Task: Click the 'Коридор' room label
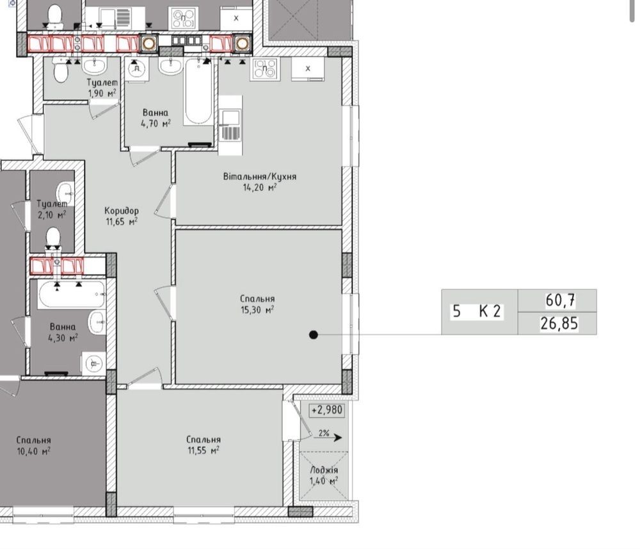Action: pyautogui.click(x=122, y=211)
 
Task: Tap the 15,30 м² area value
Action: pyautogui.click(x=257, y=310)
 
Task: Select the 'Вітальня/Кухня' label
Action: pyautogui.click(x=260, y=176)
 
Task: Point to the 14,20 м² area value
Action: pyautogui.click(x=260, y=188)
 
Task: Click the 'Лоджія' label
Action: pyautogui.click(x=324, y=470)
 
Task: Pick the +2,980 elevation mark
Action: pyautogui.click(x=327, y=410)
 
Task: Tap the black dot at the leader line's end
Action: pyautogui.click(x=314, y=335)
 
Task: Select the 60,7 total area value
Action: pyautogui.click(x=561, y=300)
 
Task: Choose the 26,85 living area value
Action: pyautogui.click(x=559, y=324)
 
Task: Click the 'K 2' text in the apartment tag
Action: pyautogui.click(x=490, y=311)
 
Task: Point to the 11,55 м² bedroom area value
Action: pyautogui.click(x=204, y=450)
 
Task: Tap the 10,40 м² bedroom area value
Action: pyautogui.click(x=33, y=452)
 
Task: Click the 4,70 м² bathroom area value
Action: pyautogui.click(x=156, y=124)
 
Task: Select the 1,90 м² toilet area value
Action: pyautogui.click(x=102, y=94)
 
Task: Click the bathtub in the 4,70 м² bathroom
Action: pyautogui.click(x=198, y=92)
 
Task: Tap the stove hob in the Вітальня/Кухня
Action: pyautogui.click(x=266, y=68)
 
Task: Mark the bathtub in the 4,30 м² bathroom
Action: pyautogui.click(x=72, y=293)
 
